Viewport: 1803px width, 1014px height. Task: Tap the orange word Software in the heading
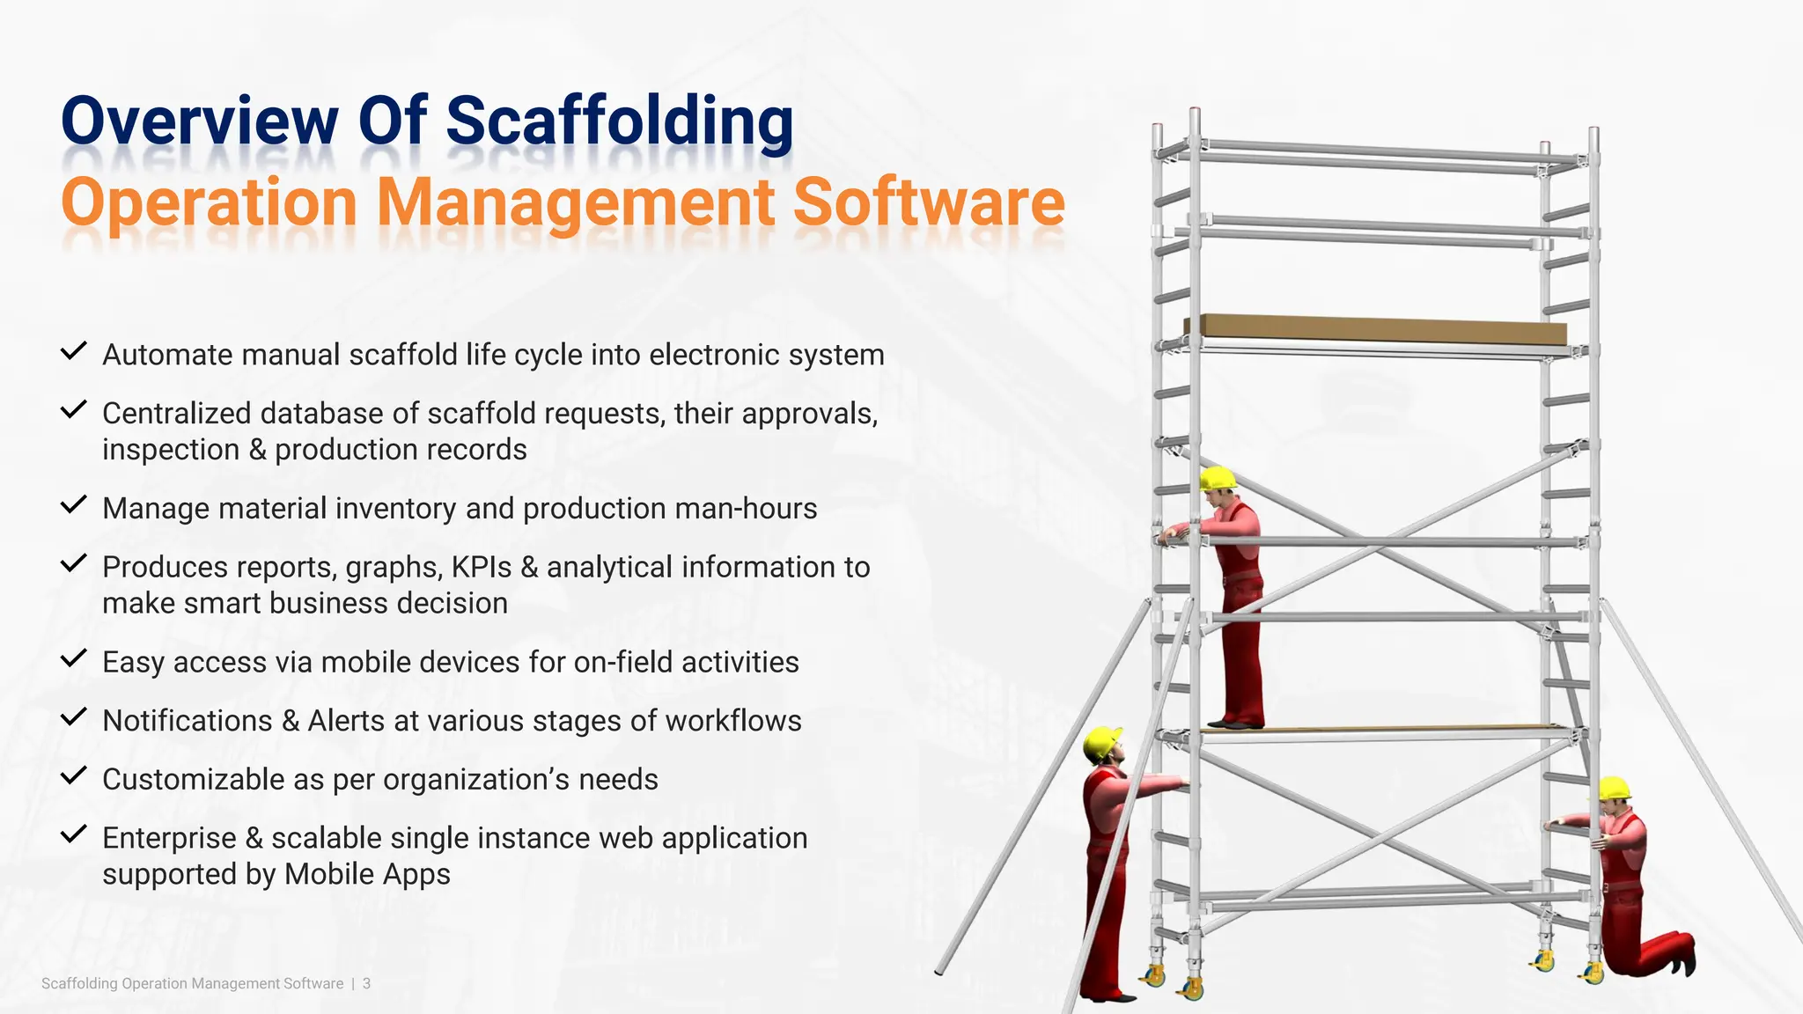point(929,202)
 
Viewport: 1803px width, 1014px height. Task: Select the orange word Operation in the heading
point(209,202)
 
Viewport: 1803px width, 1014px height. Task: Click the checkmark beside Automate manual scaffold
point(73,351)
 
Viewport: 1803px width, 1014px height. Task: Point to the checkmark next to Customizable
point(73,775)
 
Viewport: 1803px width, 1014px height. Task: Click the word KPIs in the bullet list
point(481,567)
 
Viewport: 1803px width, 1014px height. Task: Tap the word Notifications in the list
point(188,721)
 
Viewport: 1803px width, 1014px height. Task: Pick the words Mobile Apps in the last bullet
point(367,874)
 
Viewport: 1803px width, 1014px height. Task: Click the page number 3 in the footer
point(366,983)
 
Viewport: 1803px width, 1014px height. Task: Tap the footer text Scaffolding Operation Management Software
point(192,983)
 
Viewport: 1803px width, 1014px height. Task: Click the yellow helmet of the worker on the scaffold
point(1217,478)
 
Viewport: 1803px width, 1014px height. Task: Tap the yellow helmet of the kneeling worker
point(1614,788)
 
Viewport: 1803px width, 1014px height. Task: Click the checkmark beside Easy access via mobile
point(73,658)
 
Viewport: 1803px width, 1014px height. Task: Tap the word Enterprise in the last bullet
point(169,838)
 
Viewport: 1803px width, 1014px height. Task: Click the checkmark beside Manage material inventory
point(73,505)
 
